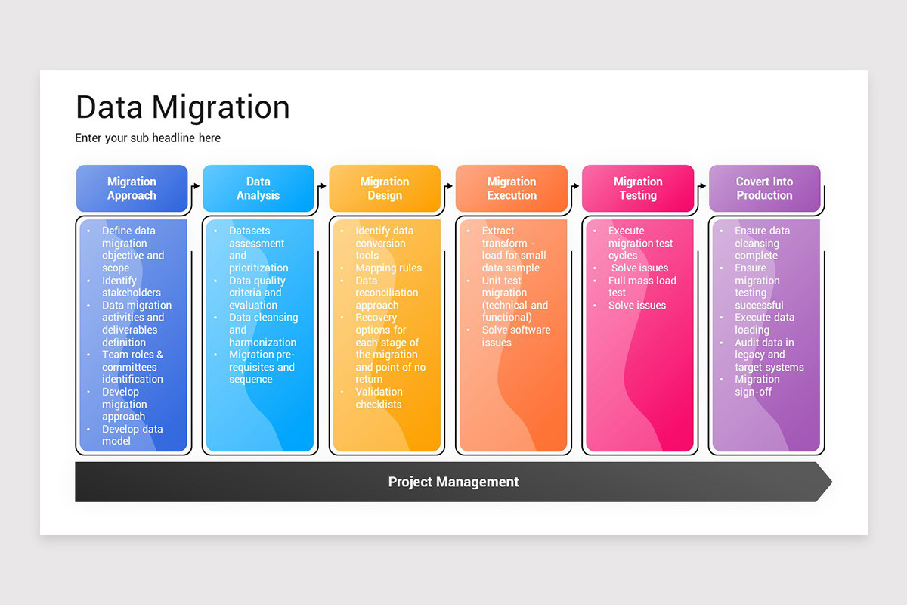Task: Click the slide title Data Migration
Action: tap(182, 108)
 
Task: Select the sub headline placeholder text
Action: tap(147, 138)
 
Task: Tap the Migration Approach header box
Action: tap(132, 188)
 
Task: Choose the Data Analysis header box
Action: tap(258, 188)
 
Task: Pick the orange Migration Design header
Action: tap(384, 188)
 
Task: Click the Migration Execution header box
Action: tap(511, 188)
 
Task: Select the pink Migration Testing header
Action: tap(637, 188)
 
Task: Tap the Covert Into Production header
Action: tap(764, 188)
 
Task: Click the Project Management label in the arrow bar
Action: tap(453, 482)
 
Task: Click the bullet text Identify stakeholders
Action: tap(132, 287)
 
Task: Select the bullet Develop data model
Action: tap(132, 435)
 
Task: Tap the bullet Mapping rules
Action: tap(388, 268)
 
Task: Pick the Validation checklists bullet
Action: tap(379, 398)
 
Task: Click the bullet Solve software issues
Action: tap(516, 336)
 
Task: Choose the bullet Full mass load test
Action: tap(642, 287)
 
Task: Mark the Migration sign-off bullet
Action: tap(757, 386)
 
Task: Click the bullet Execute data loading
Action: tap(763, 324)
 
